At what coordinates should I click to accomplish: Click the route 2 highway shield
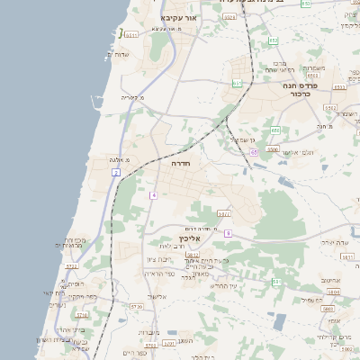click(x=116, y=171)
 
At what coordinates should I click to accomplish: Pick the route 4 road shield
click(x=154, y=194)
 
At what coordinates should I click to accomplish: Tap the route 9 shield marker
click(x=229, y=233)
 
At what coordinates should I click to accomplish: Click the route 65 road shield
click(x=255, y=153)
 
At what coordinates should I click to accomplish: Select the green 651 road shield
click(x=237, y=84)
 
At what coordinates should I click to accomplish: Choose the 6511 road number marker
click(x=131, y=35)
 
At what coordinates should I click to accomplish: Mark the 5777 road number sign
click(x=224, y=213)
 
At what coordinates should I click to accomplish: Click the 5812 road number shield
click(x=192, y=256)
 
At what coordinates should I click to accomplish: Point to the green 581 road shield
click(x=276, y=281)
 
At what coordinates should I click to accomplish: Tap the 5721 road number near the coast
click(x=72, y=266)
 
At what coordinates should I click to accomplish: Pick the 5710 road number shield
click(x=82, y=315)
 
